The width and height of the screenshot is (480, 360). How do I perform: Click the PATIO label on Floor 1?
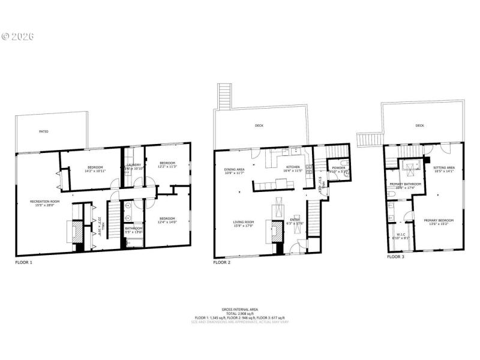(44, 131)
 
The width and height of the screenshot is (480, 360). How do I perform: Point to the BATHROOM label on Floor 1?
(134, 228)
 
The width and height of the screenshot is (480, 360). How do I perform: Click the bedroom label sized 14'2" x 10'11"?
(95, 167)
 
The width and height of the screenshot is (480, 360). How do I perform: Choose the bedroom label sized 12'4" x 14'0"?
(167, 218)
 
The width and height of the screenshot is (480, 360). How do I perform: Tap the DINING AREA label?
(234, 169)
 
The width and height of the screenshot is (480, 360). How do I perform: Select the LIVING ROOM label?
(244, 222)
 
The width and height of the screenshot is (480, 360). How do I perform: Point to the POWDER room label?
(338, 168)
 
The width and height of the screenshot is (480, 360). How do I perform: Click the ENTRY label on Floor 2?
(295, 220)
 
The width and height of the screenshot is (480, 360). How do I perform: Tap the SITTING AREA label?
(444, 167)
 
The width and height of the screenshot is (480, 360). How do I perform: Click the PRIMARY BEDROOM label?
(439, 220)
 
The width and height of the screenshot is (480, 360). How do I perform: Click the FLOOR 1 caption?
(24, 262)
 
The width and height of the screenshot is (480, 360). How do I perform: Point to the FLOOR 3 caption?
(396, 256)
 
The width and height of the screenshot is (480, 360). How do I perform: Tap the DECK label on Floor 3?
(419, 126)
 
